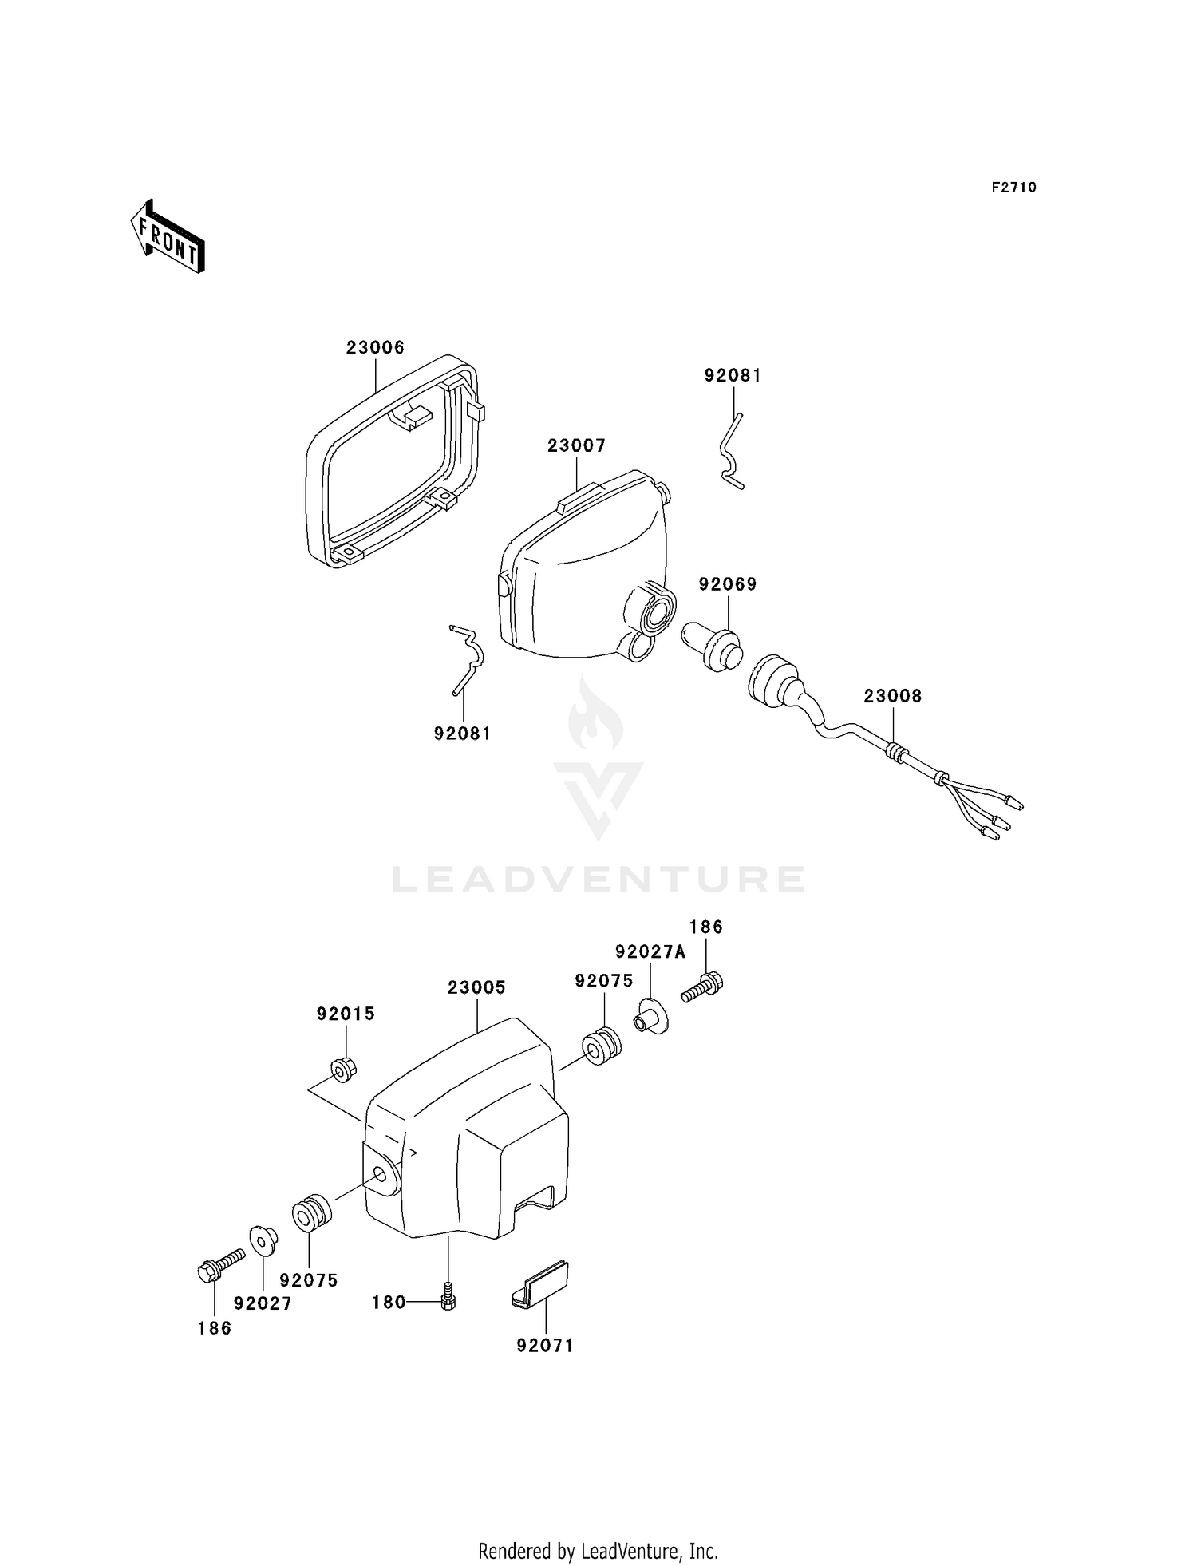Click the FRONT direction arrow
[x=168, y=237]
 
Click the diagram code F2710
[x=1013, y=188]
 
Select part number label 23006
[x=375, y=348]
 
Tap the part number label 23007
[x=576, y=445]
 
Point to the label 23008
[x=892, y=696]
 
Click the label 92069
[x=728, y=584]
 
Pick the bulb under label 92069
[x=714, y=646]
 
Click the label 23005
[x=476, y=987]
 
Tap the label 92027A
[x=650, y=951]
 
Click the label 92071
[x=545, y=1346]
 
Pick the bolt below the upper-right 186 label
[x=703, y=986]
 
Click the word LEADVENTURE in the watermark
[x=598, y=880]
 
